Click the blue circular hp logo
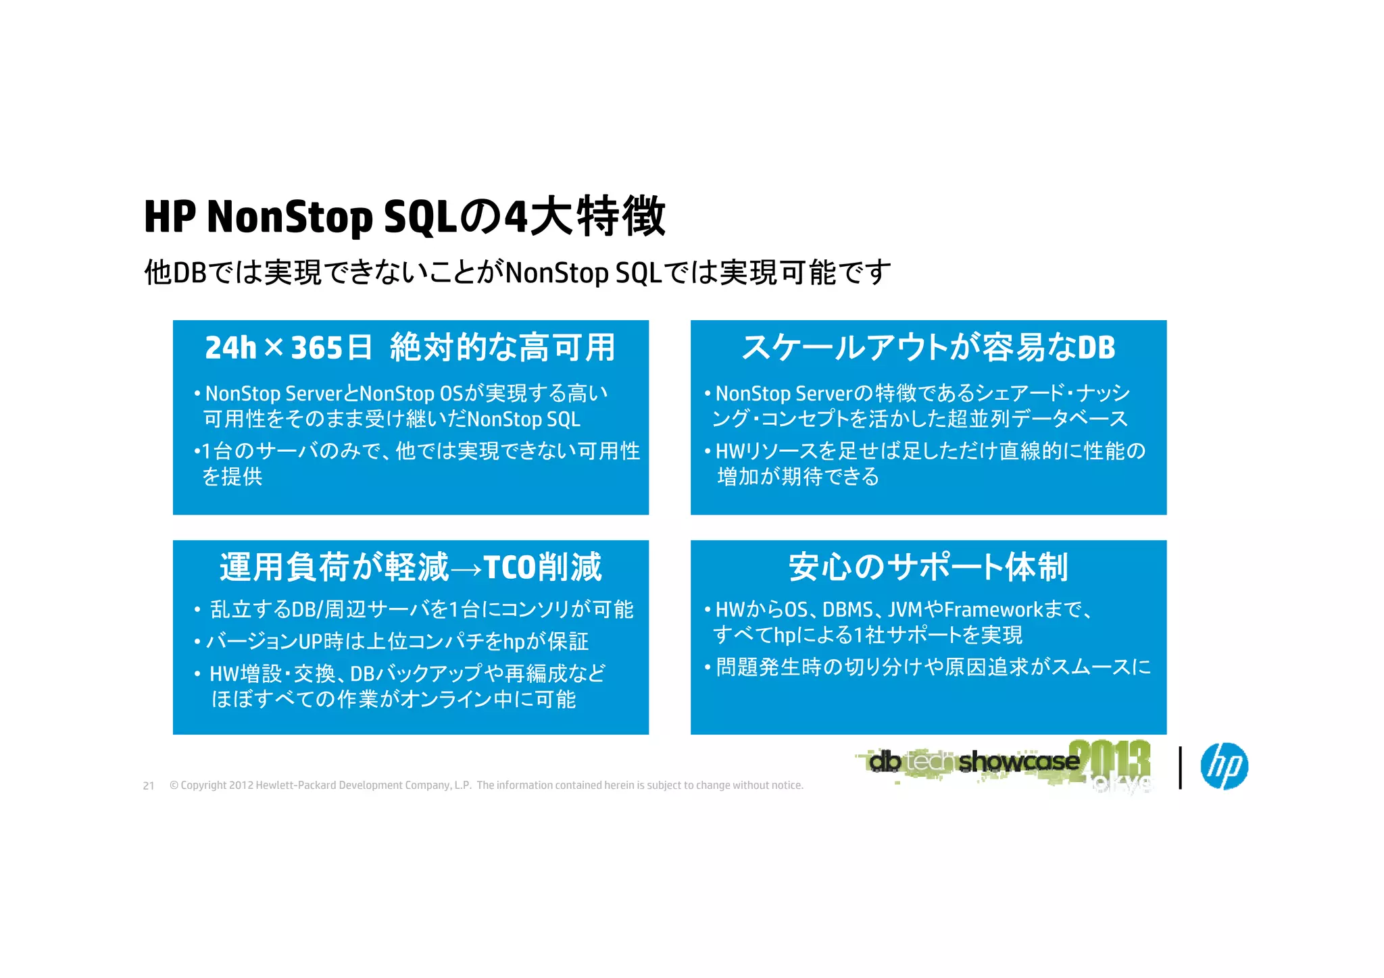(x=1224, y=766)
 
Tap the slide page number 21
(x=149, y=786)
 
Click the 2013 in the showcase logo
(x=1110, y=760)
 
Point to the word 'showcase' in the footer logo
(x=1018, y=762)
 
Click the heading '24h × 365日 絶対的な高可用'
(x=410, y=348)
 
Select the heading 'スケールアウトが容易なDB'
(x=928, y=347)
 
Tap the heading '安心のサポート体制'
(x=928, y=567)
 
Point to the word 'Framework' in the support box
(x=993, y=610)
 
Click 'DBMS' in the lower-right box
(x=847, y=610)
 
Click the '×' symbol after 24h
(x=274, y=349)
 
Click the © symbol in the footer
(x=174, y=786)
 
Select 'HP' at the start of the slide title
(x=170, y=217)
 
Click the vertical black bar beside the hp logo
(x=1180, y=767)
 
